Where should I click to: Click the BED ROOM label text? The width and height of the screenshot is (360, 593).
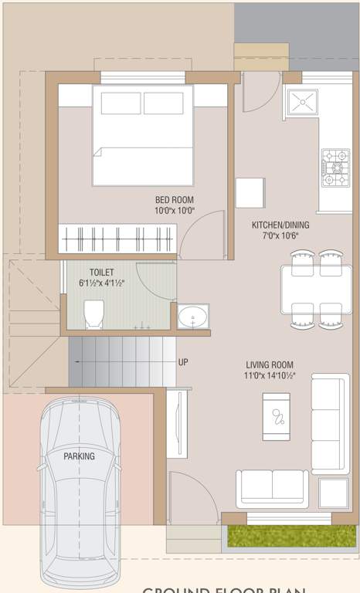[175, 199]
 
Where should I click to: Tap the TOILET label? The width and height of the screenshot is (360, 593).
[102, 273]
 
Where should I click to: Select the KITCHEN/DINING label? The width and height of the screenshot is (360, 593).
[279, 225]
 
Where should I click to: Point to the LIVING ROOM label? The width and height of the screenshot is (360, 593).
[270, 365]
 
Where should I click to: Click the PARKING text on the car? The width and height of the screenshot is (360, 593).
[79, 456]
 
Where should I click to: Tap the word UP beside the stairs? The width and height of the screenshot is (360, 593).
[183, 362]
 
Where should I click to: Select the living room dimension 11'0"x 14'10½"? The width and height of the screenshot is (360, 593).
[270, 376]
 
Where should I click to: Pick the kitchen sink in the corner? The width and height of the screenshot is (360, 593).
[301, 103]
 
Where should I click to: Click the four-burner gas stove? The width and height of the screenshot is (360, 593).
[335, 169]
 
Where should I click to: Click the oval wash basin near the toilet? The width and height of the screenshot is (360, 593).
[192, 317]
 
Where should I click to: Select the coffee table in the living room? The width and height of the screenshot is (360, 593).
[276, 417]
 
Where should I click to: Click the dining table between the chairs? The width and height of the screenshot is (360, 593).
[317, 289]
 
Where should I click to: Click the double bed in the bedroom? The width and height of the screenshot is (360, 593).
[142, 135]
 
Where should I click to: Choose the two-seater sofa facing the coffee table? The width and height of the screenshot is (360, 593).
[272, 488]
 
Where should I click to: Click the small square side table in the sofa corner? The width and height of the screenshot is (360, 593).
[333, 493]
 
